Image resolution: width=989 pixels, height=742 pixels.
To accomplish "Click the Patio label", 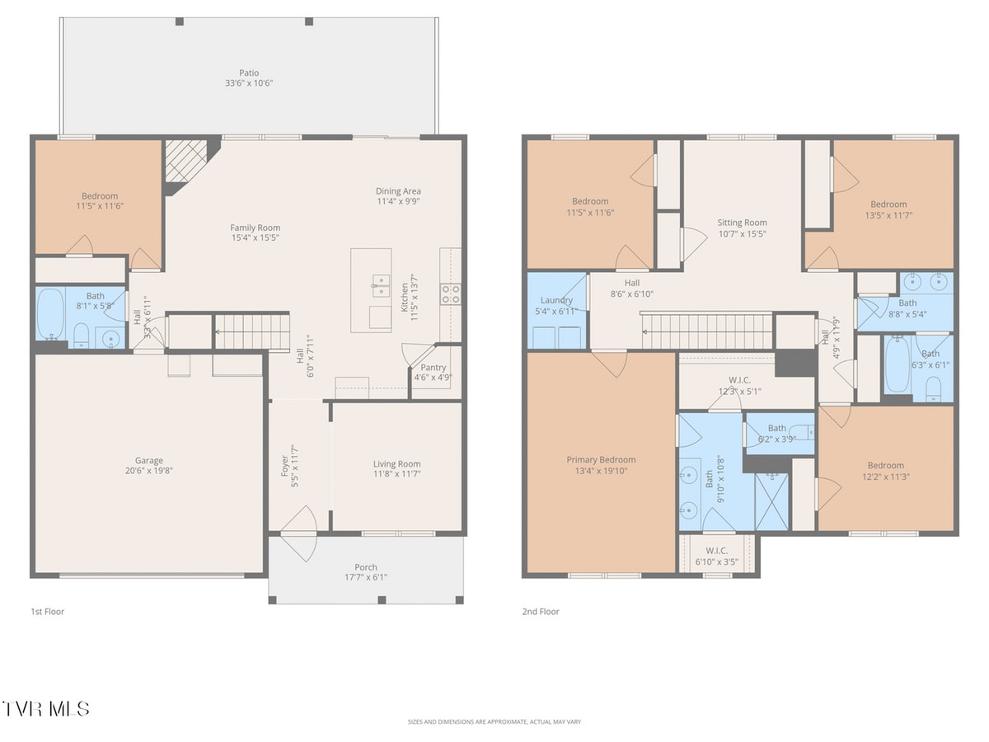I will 249,73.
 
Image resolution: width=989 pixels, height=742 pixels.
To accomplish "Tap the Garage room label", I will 149,461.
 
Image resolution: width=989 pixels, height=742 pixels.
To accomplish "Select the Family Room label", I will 255,228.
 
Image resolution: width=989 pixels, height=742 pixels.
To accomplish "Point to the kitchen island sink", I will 381,286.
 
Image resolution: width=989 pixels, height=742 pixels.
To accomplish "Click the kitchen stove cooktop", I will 451,294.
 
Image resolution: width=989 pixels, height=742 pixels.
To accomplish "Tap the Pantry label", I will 434,368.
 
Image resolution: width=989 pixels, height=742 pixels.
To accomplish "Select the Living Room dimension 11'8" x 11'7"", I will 396,474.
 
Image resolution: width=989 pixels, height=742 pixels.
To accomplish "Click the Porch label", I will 366,567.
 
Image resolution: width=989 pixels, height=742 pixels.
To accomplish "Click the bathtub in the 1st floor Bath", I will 51,315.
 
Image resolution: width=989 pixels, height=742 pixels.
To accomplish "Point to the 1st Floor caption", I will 47,612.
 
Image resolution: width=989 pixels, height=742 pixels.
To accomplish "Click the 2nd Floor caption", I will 540,612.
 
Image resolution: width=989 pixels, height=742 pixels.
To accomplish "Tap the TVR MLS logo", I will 46,708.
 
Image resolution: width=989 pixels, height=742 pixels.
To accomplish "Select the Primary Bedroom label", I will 601,460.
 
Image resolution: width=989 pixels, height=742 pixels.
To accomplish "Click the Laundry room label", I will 556,300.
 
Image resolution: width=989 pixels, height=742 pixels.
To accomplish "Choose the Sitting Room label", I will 742,223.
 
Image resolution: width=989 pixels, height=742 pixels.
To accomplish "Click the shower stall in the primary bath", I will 772,500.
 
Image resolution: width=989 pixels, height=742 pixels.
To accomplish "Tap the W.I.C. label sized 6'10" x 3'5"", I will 716,551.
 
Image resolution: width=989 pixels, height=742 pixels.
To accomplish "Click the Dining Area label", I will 399,191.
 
